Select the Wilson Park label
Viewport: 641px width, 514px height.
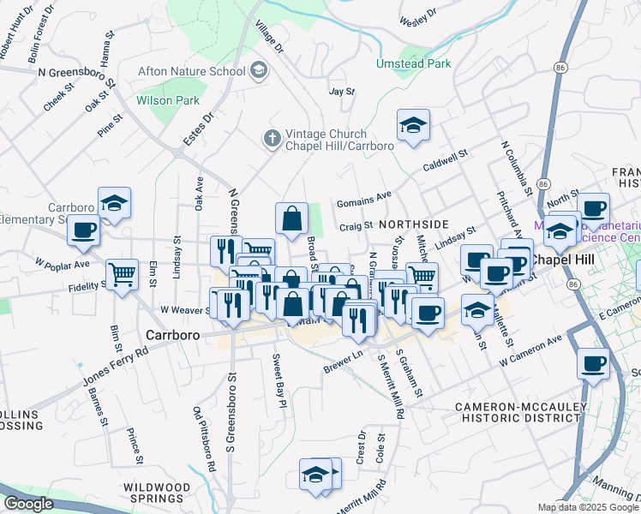(167, 100)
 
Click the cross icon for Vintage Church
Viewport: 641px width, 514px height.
(272, 138)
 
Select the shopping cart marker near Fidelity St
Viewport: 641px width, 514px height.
(123, 275)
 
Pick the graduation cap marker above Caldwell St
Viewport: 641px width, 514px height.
(413, 125)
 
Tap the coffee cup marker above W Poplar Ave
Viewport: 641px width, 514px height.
(84, 230)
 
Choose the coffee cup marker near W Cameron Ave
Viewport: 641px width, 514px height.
(592, 362)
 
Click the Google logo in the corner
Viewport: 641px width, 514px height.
(28, 504)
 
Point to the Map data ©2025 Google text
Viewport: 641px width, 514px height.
(588, 507)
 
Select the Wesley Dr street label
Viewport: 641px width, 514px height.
(418, 13)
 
